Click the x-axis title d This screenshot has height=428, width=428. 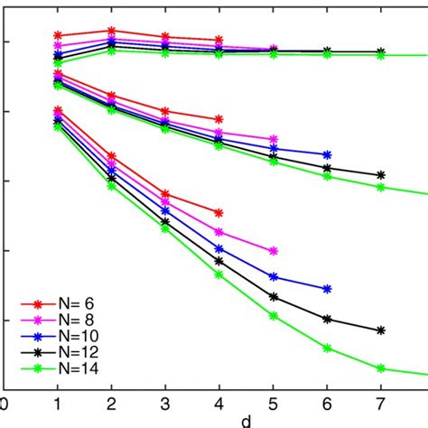point(245,421)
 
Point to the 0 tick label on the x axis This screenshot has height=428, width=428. point(5,405)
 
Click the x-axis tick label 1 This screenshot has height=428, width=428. point(58,405)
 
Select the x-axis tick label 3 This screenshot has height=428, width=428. point(165,405)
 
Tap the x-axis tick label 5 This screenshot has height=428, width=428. point(273,405)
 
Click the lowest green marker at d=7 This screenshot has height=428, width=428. point(380,368)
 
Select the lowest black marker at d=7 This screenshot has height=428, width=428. point(380,330)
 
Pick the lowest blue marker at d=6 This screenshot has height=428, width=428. point(327,289)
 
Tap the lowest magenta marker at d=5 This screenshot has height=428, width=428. point(273,251)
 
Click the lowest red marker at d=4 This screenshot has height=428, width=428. point(219,212)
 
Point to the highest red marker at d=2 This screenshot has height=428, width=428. point(112,31)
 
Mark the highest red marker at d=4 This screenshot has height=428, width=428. point(219,41)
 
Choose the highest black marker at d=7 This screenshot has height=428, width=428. point(380,51)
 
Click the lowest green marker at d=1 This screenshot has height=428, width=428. point(58,127)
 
